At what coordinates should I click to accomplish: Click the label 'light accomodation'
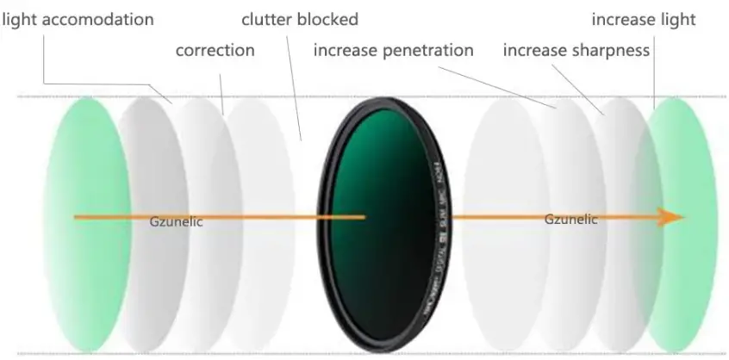click(x=78, y=18)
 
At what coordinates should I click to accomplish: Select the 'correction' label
click(x=215, y=50)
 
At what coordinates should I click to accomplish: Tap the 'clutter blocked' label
click(x=300, y=18)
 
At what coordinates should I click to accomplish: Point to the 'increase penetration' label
click(x=393, y=50)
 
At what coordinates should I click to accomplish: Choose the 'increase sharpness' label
click(x=576, y=50)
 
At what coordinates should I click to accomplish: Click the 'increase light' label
click(x=643, y=18)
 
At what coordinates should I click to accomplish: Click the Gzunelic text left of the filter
click(x=176, y=222)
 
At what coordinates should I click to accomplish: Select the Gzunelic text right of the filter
click(x=570, y=220)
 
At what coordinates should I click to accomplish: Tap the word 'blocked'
click(x=329, y=18)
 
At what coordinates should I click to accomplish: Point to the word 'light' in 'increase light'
click(x=675, y=18)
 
